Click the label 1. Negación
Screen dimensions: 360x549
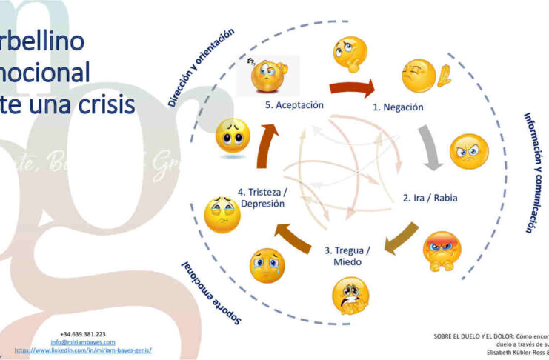pos(398,107)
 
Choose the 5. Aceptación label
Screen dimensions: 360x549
pos(294,105)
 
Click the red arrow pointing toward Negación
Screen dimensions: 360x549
pos(352,88)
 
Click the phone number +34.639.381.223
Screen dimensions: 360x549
pos(83,334)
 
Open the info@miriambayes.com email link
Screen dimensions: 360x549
pos(83,342)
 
